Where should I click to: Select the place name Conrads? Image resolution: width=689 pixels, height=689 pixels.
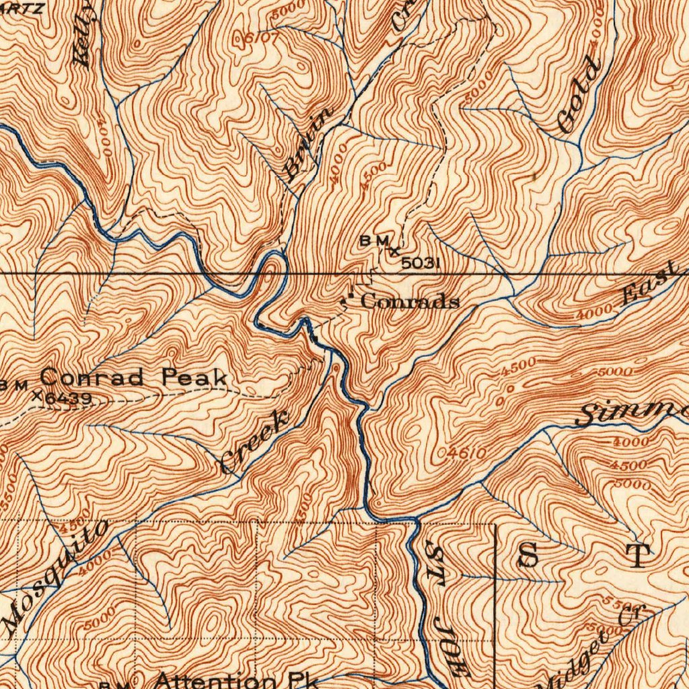410,301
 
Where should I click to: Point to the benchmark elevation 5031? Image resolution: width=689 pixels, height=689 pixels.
421,263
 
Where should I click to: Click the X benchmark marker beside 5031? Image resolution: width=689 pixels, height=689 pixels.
394,252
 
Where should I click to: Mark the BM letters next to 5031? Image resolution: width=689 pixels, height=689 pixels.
374,240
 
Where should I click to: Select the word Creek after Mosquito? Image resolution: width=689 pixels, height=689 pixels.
255,442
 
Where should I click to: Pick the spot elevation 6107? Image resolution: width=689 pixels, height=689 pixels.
256,39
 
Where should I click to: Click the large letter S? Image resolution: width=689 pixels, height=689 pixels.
530,556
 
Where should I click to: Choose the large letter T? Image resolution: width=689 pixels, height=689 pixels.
638,556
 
